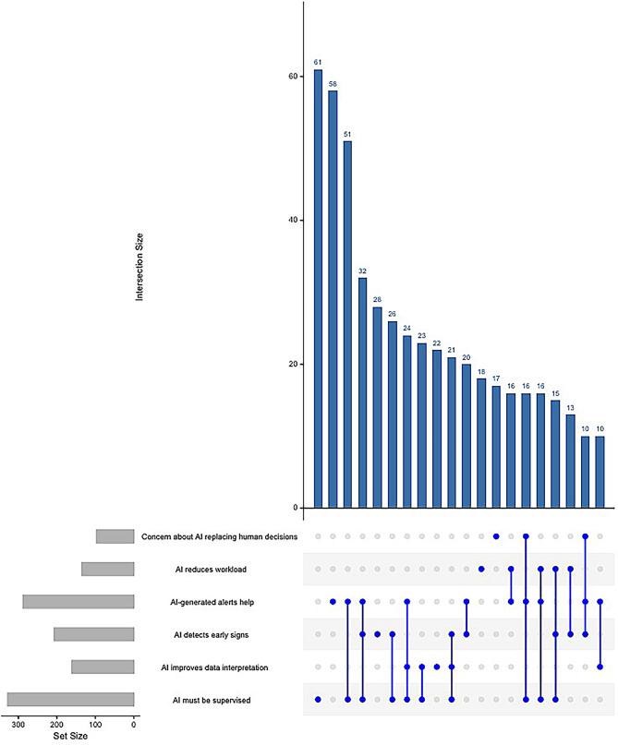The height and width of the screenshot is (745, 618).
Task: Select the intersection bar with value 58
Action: (333, 299)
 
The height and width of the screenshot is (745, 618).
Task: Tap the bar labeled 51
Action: (347, 324)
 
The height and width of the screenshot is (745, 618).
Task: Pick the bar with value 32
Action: (362, 392)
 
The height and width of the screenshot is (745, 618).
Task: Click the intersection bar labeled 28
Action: (377, 407)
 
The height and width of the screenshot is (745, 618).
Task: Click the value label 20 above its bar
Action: (467, 356)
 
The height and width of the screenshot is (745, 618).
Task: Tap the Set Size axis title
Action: (69, 736)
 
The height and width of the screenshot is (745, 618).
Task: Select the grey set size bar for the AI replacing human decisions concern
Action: (115, 536)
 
